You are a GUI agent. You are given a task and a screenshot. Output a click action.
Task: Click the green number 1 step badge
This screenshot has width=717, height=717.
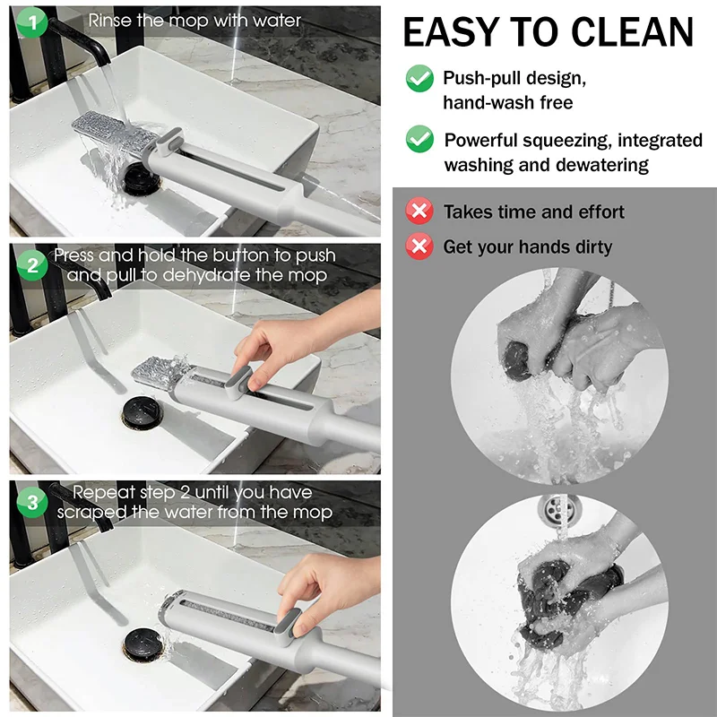pos(33,23)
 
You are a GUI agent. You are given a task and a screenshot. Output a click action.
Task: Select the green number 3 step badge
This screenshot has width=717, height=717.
pos(33,502)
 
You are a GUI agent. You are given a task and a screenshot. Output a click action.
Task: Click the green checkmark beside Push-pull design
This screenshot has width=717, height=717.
pos(419,78)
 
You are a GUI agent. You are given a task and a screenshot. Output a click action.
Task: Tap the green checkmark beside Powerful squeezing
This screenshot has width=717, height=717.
pos(419,139)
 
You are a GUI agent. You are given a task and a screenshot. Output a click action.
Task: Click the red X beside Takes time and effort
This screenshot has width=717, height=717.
pos(419,212)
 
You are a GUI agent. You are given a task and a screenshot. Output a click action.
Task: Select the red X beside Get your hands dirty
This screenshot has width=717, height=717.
pos(419,246)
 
